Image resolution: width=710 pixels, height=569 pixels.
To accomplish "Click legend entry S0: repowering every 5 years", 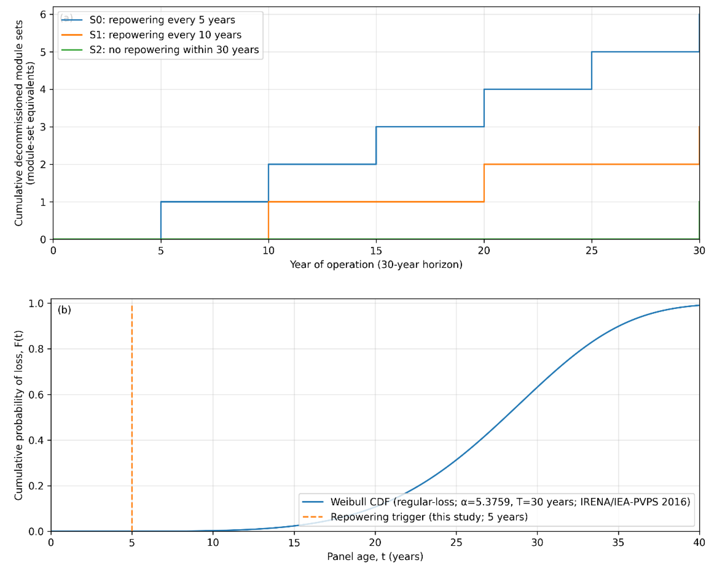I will point(162,20).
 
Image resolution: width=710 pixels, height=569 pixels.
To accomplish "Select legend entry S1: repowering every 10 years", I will point(165,35).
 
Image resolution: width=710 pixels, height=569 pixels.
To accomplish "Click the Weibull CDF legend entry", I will point(510,501).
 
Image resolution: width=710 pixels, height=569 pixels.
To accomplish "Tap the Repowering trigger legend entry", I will point(429,517).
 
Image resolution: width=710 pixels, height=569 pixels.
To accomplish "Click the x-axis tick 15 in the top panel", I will point(376,251).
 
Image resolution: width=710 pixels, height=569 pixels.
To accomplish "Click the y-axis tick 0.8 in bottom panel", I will point(36,349).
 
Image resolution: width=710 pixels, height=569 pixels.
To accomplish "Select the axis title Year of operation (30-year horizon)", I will point(376,265).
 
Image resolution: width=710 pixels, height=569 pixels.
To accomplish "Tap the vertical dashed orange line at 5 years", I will point(132,411).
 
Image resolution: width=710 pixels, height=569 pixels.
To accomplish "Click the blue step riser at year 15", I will point(376,145).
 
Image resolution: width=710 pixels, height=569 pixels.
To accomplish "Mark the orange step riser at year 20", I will point(484,183).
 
